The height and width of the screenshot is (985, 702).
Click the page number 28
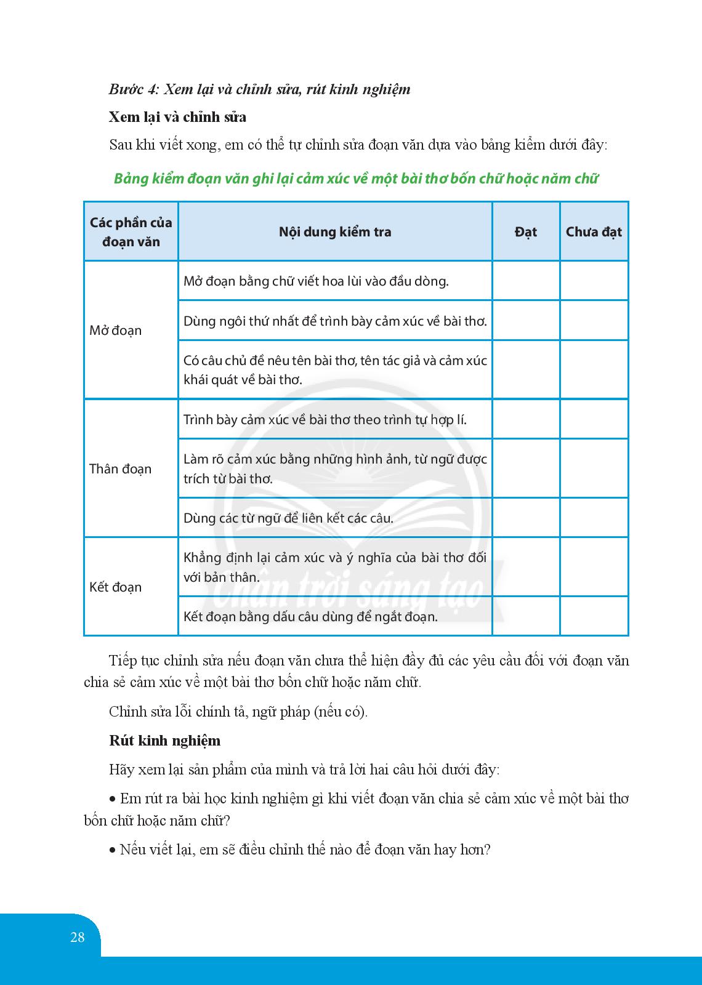tap(78, 938)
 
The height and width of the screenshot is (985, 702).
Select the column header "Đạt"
tap(526, 232)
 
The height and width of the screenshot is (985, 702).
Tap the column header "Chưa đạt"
tap(594, 232)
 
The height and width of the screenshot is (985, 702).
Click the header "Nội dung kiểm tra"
tap(335, 232)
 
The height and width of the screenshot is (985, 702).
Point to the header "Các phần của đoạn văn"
tap(131, 232)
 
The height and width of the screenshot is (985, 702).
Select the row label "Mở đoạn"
tap(116, 331)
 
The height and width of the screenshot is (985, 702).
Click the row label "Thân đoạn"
tap(121, 469)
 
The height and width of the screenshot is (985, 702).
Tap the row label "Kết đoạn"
tap(116, 587)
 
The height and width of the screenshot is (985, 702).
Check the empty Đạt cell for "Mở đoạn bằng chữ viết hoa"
tap(526, 281)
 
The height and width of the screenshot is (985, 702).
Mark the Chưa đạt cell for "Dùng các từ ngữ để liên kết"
tap(594, 518)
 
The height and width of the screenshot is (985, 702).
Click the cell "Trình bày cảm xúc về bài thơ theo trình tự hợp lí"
tap(325, 420)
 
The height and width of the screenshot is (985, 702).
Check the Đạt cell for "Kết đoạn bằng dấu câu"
tap(526, 616)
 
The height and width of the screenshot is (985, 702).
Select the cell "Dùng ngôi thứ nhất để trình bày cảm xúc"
tap(335, 321)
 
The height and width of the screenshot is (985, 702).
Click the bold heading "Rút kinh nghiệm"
tap(164, 741)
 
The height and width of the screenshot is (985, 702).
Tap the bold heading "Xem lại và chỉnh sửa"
tap(177, 117)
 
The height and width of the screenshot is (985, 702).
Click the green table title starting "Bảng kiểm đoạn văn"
tap(356, 179)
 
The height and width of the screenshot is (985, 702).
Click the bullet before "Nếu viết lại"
tap(112, 851)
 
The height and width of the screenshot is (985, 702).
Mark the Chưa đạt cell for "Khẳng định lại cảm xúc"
tap(594, 567)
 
